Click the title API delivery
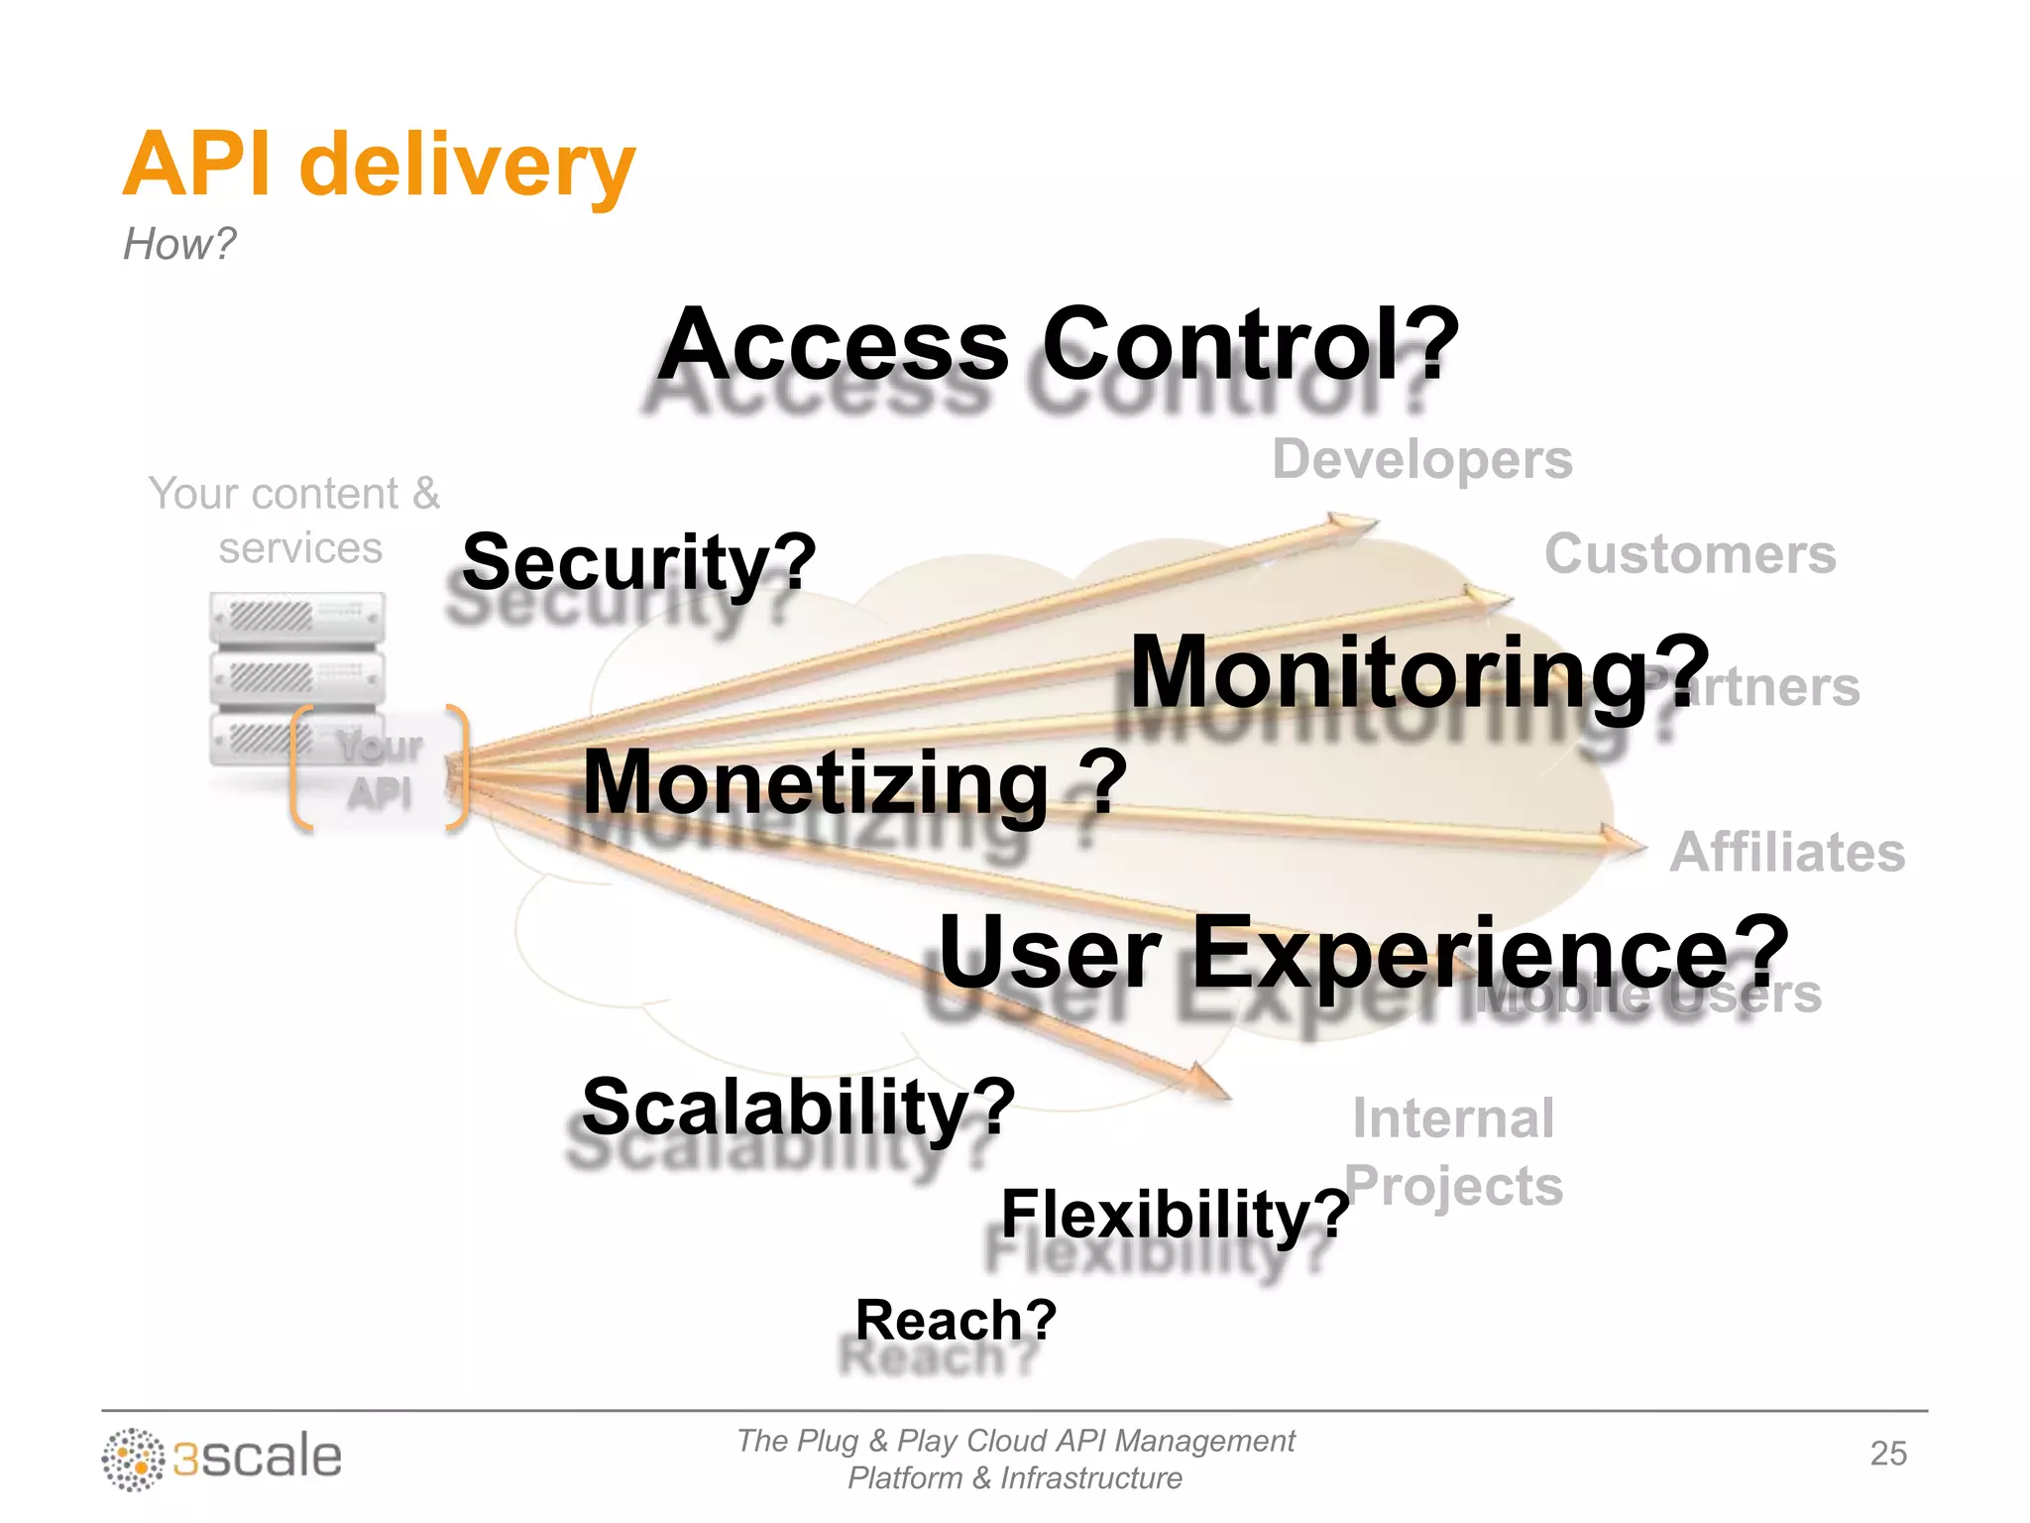(379, 165)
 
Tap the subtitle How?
(179, 244)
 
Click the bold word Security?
(639, 562)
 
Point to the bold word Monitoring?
(1419, 673)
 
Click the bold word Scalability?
(799, 1107)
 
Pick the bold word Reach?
(957, 1321)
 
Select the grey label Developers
(1422, 460)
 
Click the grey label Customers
(1690, 554)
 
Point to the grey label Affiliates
(1787, 853)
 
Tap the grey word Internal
(1453, 1119)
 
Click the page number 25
(1888, 1454)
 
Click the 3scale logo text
(258, 1458)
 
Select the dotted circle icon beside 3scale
(133, 1460)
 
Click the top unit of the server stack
(296, 618)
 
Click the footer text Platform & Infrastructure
(1014, 1478)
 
